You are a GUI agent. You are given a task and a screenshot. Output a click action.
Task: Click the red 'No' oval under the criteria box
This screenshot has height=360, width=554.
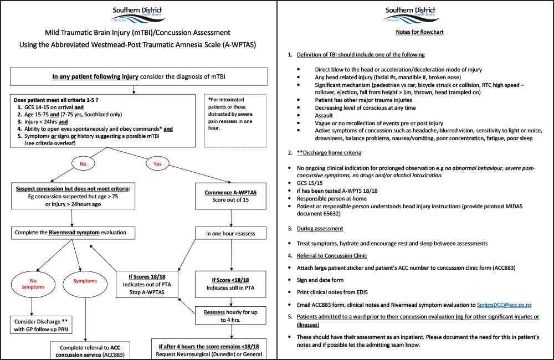[x=83, y=164]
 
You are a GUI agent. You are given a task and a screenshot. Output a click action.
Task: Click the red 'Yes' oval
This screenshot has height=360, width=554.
[x=157, y=164]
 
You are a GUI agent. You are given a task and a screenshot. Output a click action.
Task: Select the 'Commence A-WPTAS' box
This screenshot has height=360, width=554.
[x=230, y=196]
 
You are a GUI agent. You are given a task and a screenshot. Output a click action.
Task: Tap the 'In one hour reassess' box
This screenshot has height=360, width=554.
[x=230, y=233]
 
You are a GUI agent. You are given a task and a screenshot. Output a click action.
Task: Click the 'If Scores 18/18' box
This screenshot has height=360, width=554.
[x=147, y=284]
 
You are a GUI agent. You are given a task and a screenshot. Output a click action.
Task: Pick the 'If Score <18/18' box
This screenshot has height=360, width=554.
[x=230, y=284]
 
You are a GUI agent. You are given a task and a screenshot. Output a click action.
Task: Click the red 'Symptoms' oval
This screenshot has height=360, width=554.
[x=85, y=281]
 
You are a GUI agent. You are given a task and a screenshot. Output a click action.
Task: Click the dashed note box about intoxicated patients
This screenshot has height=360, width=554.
[x=235, y=121]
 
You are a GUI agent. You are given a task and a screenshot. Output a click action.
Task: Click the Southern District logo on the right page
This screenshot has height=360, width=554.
[x=411, y=14]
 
